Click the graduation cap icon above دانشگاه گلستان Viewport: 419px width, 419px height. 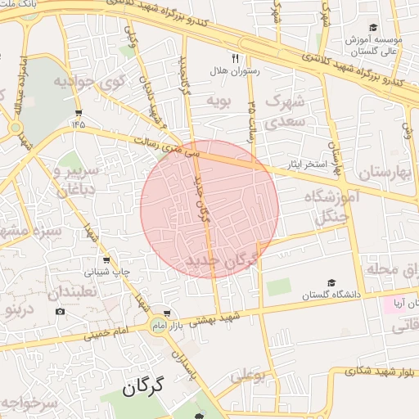(x=331, y=282)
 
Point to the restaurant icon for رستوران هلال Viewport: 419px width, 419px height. (x=235, y=58)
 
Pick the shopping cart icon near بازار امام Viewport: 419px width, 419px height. (x=168, y=313)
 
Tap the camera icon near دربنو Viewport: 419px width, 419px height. (x=59, y=311)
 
